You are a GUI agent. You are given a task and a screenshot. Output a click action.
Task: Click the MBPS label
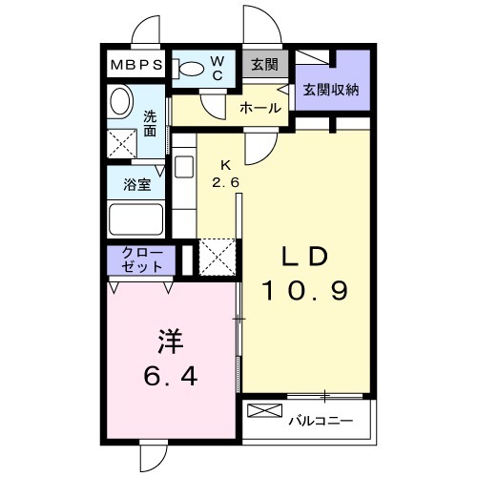point(136,65)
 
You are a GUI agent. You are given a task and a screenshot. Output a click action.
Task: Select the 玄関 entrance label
point(264,65)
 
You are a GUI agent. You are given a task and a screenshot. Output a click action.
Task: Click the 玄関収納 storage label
point(331,90)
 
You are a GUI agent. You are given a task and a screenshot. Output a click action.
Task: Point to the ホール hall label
point(260,108)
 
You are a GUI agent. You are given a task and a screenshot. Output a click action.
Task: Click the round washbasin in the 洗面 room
point(120,100)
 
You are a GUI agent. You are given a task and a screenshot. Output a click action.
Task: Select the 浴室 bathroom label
point(137,184)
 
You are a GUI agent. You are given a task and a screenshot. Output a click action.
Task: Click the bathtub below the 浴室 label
point(135,219)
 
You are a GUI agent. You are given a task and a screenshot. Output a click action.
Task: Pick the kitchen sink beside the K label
point(184,167)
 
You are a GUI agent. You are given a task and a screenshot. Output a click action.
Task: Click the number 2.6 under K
point(225,182)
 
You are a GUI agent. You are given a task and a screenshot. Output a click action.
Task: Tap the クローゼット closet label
point(142,260)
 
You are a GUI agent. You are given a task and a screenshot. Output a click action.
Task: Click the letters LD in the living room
point(304,257)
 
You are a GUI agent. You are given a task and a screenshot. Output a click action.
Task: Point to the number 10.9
point(304,291)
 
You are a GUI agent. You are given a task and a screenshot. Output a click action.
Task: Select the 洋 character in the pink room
point(171,341)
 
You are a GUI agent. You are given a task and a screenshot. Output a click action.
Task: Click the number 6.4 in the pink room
point(171,376)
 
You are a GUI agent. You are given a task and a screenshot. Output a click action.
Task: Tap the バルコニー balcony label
point(321,422)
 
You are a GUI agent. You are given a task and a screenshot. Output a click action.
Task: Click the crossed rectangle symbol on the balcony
point(264,410)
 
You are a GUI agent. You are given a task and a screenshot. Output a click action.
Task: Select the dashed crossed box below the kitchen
point(218,257)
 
